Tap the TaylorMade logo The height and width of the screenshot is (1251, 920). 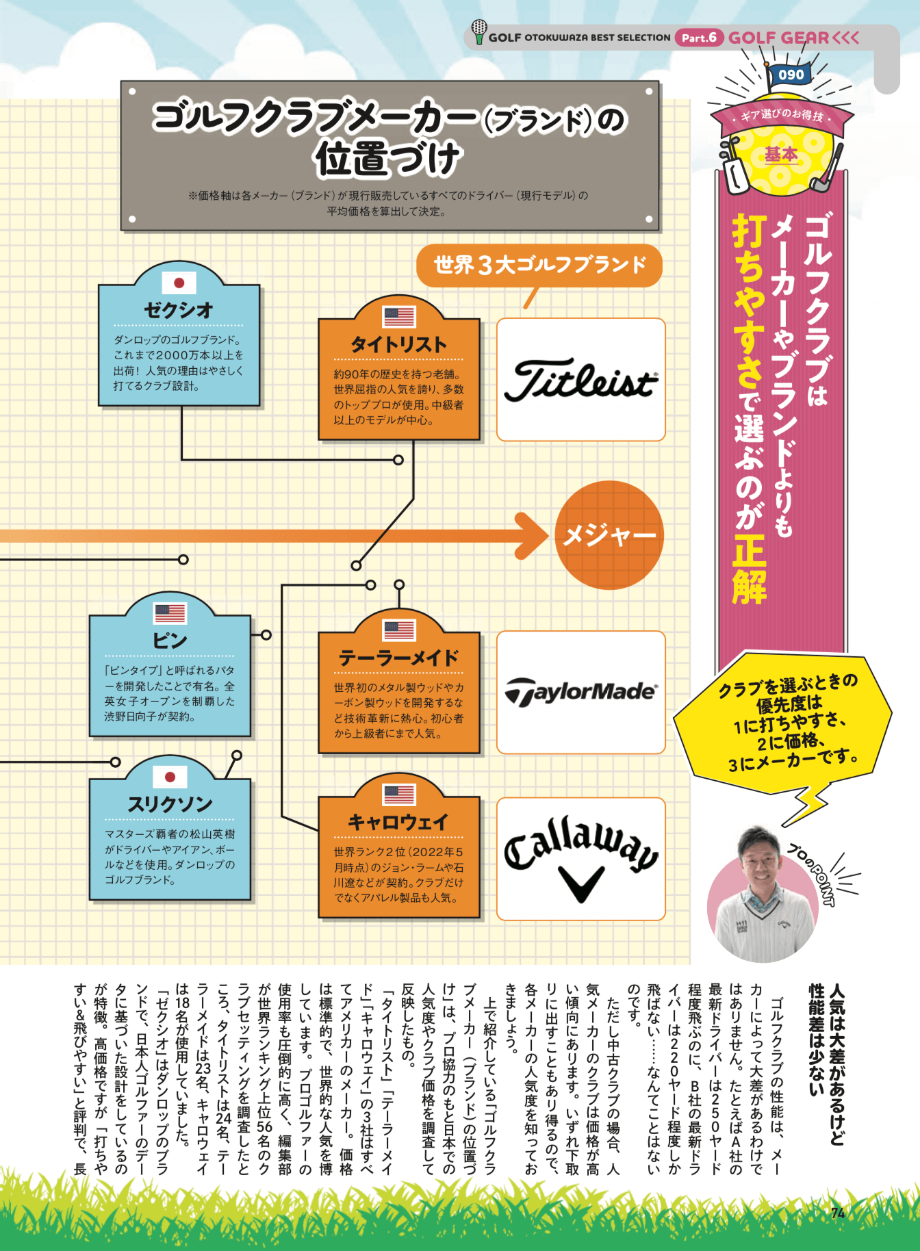[580, 692]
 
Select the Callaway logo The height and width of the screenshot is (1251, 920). [581, 859]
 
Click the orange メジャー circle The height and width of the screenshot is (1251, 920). [609, 534]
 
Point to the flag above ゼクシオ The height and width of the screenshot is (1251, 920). [179, 283]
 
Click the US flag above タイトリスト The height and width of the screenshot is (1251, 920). [399, 317]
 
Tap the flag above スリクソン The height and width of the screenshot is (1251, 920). [170, 777]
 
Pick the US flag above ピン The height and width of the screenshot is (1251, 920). [170, 613]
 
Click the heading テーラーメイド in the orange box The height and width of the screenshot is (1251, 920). [398, 658]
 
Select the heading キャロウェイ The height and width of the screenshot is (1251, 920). [398, 822]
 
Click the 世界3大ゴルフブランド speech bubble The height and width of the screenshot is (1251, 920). [539, 266]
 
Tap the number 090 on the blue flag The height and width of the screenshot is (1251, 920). [791, 75]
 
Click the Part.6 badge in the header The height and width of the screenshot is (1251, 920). [699, 38]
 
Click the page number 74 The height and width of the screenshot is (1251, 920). [838, 1213]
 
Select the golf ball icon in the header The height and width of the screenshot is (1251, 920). [479, 31]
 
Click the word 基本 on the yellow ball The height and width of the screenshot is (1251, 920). [781, 155]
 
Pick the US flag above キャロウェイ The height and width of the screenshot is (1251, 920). [399, 795]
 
